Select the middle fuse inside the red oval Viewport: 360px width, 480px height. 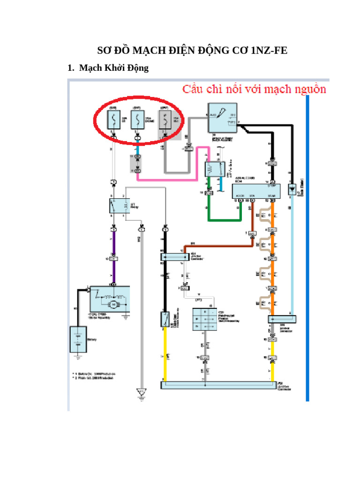tap(137, 120)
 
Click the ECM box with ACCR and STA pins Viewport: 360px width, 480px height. tap(256, 191)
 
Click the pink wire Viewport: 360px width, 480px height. tap(173, 179)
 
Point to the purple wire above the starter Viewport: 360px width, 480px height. tap(113, 244)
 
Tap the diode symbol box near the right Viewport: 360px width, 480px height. tap(292, 190)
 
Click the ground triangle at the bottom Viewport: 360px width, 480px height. tap(140, 391)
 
